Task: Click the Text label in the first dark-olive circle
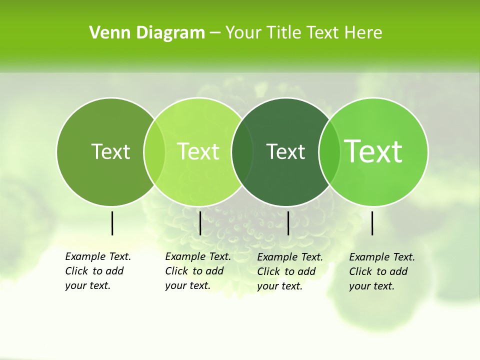110,152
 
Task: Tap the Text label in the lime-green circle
198,152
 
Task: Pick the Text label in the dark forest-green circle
285,152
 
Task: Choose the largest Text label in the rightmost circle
373,151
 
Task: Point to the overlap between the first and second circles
154,152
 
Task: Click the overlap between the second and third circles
242,152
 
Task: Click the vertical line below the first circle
112,223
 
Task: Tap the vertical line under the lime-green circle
200,223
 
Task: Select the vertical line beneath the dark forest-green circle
288,223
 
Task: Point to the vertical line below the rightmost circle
372,223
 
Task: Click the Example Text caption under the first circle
97,271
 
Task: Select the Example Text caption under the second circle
197,271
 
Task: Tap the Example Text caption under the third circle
289,271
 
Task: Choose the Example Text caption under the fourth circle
381,271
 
